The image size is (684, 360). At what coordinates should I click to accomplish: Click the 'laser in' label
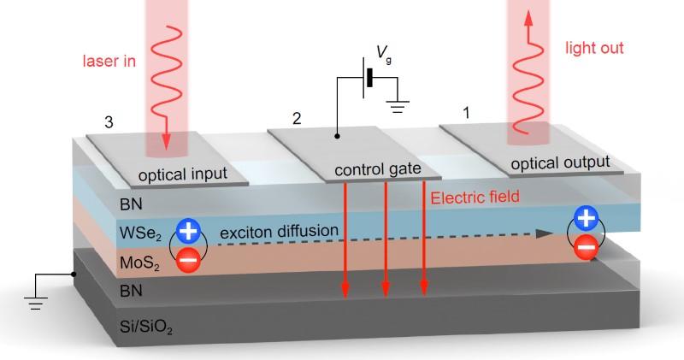(109, 61)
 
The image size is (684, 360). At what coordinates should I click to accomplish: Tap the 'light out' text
(594, 48)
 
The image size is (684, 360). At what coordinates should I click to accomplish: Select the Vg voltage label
(384, 54)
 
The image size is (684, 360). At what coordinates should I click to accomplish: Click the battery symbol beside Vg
(368, 77)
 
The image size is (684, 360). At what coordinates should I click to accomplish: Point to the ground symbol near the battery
(398, 106)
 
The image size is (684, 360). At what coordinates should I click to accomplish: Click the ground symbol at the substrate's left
(35, 303)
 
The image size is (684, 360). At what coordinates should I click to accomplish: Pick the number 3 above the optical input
(109, 122)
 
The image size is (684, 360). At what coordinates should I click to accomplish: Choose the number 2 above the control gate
(297, 118)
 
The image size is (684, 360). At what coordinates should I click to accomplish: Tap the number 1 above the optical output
(466, 113)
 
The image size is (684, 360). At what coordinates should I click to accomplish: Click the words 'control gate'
(378, 168)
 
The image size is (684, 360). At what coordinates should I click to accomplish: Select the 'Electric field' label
(475, 198)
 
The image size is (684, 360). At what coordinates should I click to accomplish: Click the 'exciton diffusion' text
(280, 231)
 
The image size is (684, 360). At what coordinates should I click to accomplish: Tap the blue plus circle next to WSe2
(188, 232)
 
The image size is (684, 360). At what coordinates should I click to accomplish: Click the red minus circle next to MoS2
(188, 261)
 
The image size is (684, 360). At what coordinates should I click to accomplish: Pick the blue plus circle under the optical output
(586, 218)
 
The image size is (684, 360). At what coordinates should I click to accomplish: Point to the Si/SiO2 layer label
(145, 327)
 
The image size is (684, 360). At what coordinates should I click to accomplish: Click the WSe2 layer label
(140, 233)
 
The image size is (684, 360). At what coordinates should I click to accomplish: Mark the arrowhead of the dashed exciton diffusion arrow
(544, 233)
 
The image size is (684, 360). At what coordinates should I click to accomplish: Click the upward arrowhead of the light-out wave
(528, 17)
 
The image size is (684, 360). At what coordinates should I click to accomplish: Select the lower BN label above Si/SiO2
(131, 291)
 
